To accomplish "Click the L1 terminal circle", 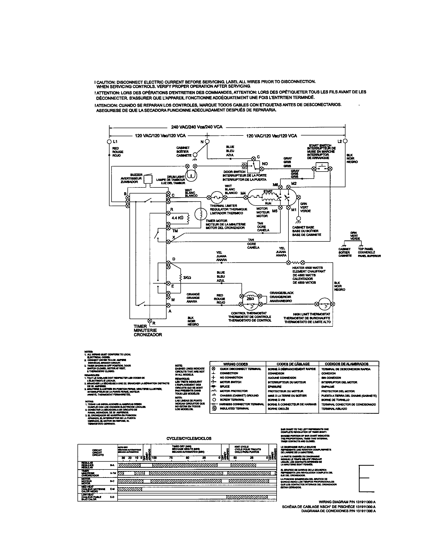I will pos(110,141).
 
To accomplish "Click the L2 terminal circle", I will pos(345,141).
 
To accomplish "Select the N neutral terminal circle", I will pos(207,141).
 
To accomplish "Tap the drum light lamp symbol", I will pos(191,175).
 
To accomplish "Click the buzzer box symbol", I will pos(147,179).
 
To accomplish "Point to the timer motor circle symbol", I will pos(201,214).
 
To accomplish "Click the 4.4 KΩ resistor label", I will pos(177,218).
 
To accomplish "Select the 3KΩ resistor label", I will pos(187,278).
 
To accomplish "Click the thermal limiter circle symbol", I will pos(217,197).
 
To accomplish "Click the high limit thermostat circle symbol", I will pos(324,304).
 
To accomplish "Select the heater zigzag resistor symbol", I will pos(296,262).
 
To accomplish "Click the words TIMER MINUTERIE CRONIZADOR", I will pos(148,330).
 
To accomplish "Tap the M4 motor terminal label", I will pos(243,193).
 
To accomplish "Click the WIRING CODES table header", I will pos(235,364).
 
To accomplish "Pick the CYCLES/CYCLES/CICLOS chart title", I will pos(189,438).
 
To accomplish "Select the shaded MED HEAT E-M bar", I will pos(130,489).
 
